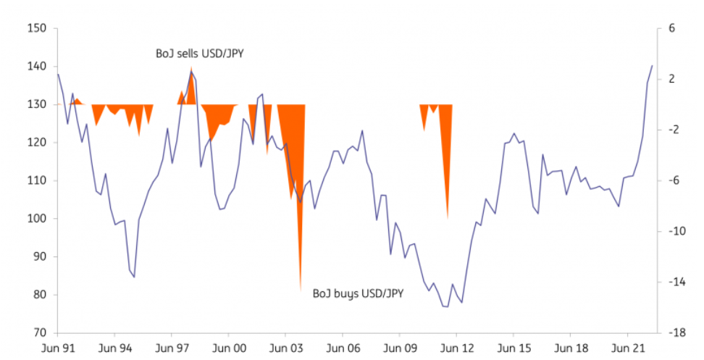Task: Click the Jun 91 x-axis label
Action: [x=57, y=348]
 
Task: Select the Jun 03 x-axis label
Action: [x=285, y=348]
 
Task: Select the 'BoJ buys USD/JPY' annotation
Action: [x=358, y=293]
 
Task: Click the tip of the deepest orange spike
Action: [x=300, y=290]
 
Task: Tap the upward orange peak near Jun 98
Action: [x=191, y=67]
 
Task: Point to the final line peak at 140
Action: [x=652, y=66]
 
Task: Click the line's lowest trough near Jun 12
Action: [x=447, y=307]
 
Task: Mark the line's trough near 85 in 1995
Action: [x=134, y=277]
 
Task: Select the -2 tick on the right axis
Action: [x=671, y=130]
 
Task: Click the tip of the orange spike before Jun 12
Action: [x=447, y=219]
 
